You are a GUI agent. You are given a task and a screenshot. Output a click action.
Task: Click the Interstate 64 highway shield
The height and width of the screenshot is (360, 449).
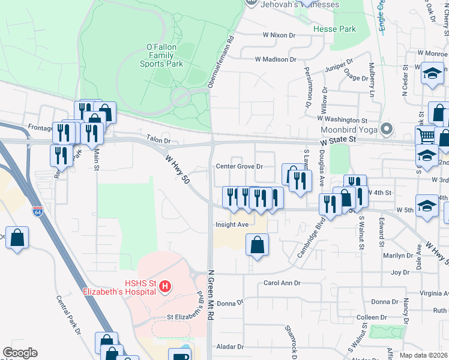(x=38, y=211)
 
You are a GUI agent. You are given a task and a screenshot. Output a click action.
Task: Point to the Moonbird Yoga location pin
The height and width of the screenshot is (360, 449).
(x=387, y=128)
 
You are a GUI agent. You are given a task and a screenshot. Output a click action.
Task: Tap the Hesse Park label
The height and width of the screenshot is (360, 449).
(x=334, y=29)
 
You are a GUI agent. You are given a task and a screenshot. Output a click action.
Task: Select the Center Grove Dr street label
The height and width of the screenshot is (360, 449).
(x=240, y=166)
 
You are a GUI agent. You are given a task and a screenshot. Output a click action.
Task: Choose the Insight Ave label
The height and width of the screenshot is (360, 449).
(x=232, y=225)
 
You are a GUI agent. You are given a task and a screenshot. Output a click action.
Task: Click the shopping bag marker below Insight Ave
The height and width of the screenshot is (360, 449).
(x=257, y=244)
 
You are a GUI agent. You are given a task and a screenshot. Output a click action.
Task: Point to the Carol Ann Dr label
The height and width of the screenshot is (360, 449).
(x=282, y=283)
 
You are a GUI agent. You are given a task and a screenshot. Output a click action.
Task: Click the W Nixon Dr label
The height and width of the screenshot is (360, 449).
(x=279, y=35)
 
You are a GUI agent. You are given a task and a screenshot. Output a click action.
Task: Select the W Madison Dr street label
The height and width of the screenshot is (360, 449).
(x=276, y=59)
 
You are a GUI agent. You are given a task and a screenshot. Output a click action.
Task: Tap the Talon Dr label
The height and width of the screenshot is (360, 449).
(x=158, y=139)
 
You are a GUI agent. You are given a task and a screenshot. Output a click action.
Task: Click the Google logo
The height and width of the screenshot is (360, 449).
(x=20, y=353)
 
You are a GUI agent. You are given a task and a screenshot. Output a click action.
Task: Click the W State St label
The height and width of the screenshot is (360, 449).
(x=339, y=140)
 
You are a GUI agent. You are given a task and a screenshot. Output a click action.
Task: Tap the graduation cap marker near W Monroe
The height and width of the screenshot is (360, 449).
(x=431, y=74)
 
